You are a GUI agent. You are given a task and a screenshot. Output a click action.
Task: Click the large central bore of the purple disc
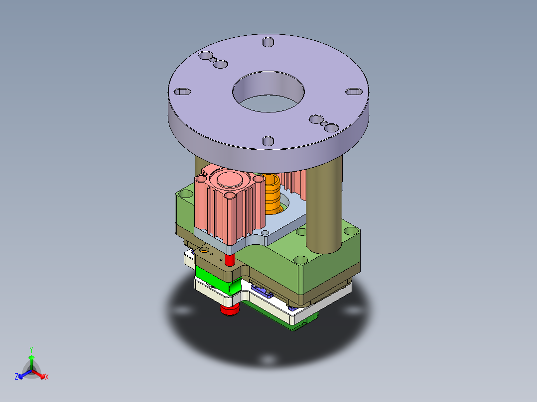(268, 93)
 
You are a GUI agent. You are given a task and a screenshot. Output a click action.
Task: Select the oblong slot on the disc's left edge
(182, 92)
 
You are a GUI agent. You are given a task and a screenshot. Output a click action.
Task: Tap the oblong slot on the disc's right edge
(354, 92)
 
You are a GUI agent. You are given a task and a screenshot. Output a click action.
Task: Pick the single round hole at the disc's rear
(268, 42)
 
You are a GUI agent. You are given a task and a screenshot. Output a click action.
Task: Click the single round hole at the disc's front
(268, 141)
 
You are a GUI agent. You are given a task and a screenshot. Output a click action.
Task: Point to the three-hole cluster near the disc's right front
(323, 123)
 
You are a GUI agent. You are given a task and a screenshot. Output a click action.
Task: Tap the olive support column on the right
(324, 209)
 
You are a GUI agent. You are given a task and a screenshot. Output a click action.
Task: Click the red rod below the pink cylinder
(230, 259)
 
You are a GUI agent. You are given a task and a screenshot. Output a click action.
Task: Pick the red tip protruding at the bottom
(230, 310)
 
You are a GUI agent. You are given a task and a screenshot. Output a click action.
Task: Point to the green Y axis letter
(31, 350)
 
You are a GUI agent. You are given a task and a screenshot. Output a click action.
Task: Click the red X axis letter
(47, 377)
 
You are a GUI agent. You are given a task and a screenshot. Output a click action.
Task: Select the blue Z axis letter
(16, 377)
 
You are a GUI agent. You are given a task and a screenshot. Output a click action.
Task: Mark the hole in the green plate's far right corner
(351, 231)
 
